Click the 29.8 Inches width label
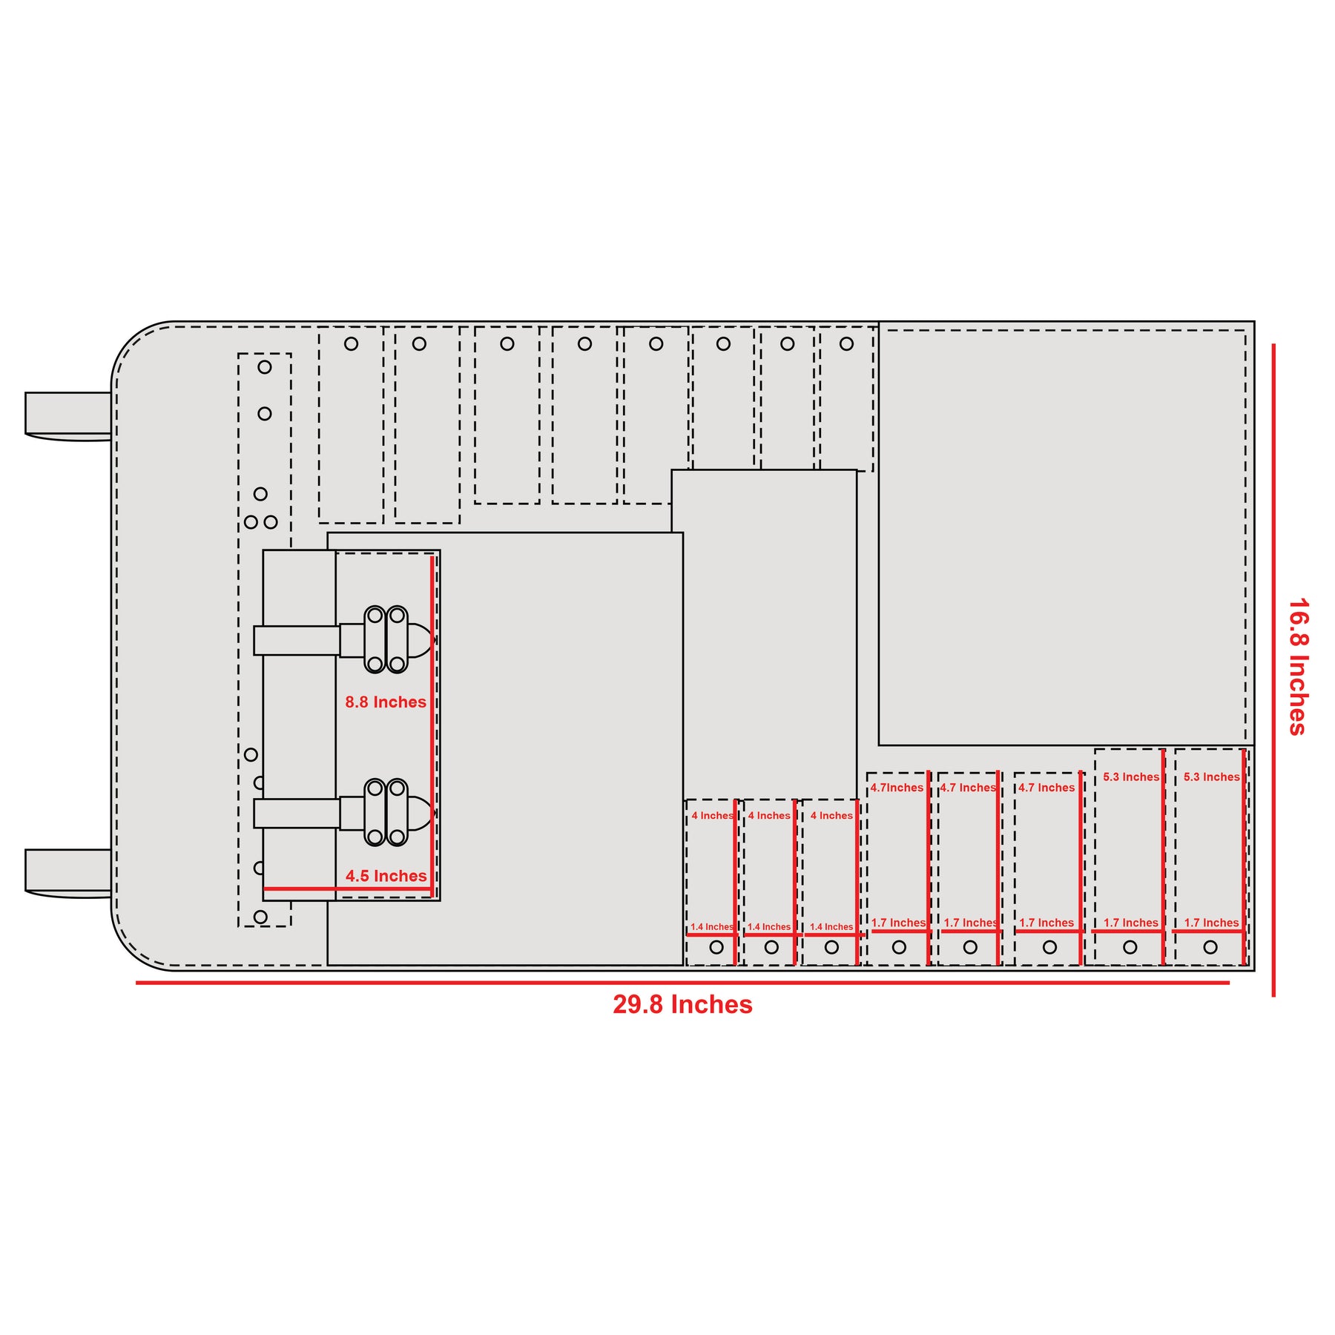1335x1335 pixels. pos(682,1004)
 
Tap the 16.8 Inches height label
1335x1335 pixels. pos(1298,667)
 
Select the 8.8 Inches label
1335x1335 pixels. pos(386,702)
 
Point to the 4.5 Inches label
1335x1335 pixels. pos(386,876)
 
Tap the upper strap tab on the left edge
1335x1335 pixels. pos(68,416)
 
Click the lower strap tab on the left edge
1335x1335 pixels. pos(68,873)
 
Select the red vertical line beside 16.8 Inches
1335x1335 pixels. pos(1273,670)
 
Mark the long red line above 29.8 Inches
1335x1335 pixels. pos(682,983)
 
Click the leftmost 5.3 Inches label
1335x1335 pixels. pos(1131,777)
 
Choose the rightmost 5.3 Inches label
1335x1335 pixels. pos(1212,777)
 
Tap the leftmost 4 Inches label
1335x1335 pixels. pos(712,816)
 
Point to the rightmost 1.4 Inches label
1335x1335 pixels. pos(831,927)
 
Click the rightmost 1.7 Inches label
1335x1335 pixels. pos(1212,923)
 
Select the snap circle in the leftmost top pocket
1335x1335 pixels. pos(352,344)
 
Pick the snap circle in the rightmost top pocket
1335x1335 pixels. pos(846,344)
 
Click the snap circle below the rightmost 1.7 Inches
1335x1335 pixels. pos(1210,947)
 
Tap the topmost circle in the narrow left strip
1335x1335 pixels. pos(265,367)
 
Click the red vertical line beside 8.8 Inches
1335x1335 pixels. pos(432,726)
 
